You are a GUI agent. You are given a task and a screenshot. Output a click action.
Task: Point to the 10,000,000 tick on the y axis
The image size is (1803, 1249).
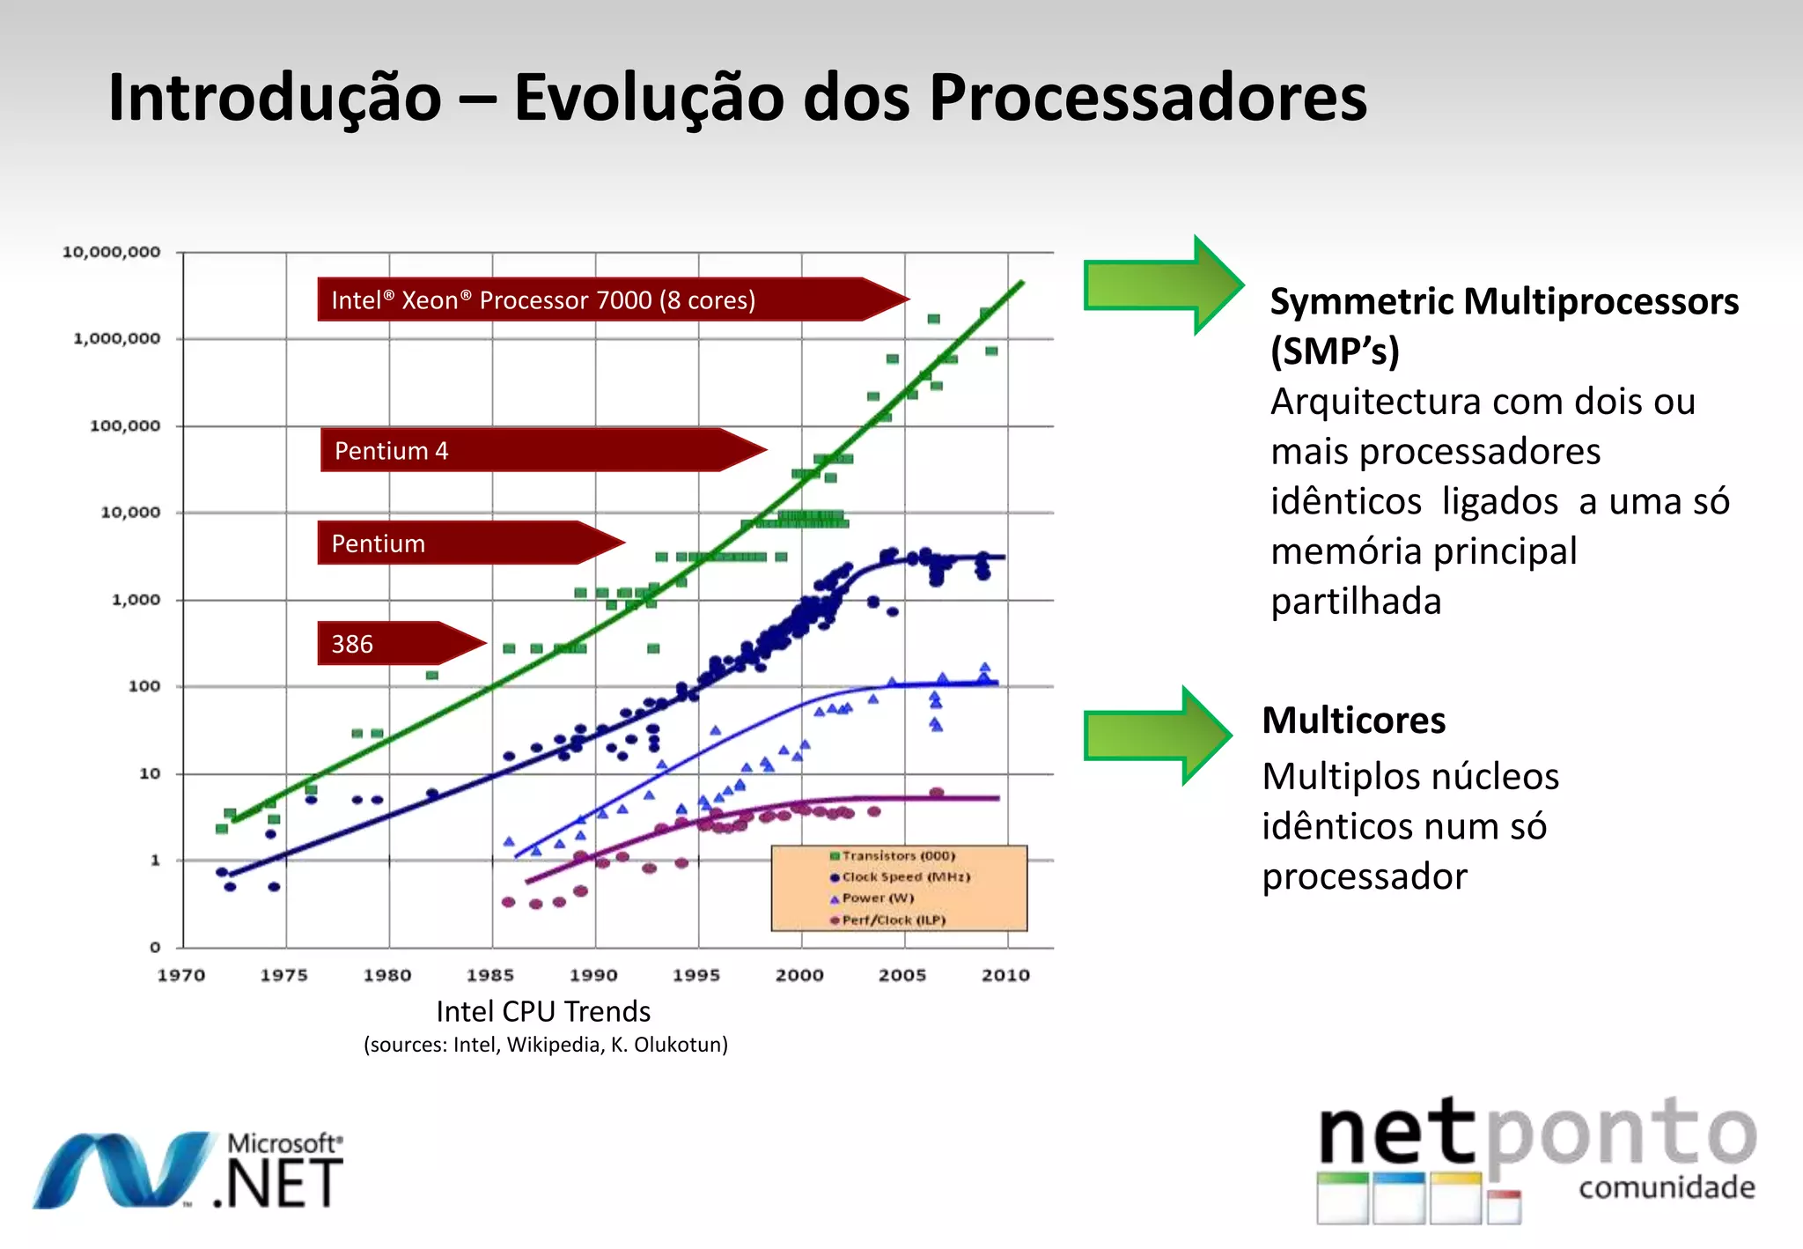112,252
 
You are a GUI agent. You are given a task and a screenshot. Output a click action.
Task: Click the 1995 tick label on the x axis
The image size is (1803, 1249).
696,975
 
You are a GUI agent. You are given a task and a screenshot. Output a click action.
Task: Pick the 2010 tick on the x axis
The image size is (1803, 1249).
1005,975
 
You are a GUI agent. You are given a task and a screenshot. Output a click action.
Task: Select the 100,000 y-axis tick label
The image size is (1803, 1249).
126,426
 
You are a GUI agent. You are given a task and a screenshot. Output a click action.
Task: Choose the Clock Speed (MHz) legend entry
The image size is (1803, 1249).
903,877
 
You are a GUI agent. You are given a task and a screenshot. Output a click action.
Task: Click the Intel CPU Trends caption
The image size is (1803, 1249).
543,1011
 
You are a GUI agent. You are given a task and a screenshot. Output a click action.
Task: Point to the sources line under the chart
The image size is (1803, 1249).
546,1045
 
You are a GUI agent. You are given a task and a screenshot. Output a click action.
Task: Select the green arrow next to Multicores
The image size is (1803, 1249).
1155,735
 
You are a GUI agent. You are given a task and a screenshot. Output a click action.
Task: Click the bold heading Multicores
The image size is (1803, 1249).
1353,721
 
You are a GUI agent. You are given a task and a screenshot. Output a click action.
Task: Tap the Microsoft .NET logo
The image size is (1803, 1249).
189,1171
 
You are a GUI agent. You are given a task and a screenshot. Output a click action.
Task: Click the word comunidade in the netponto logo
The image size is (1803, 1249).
1667,1187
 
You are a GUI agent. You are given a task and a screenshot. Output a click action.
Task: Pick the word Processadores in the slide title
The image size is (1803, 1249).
1148,97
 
